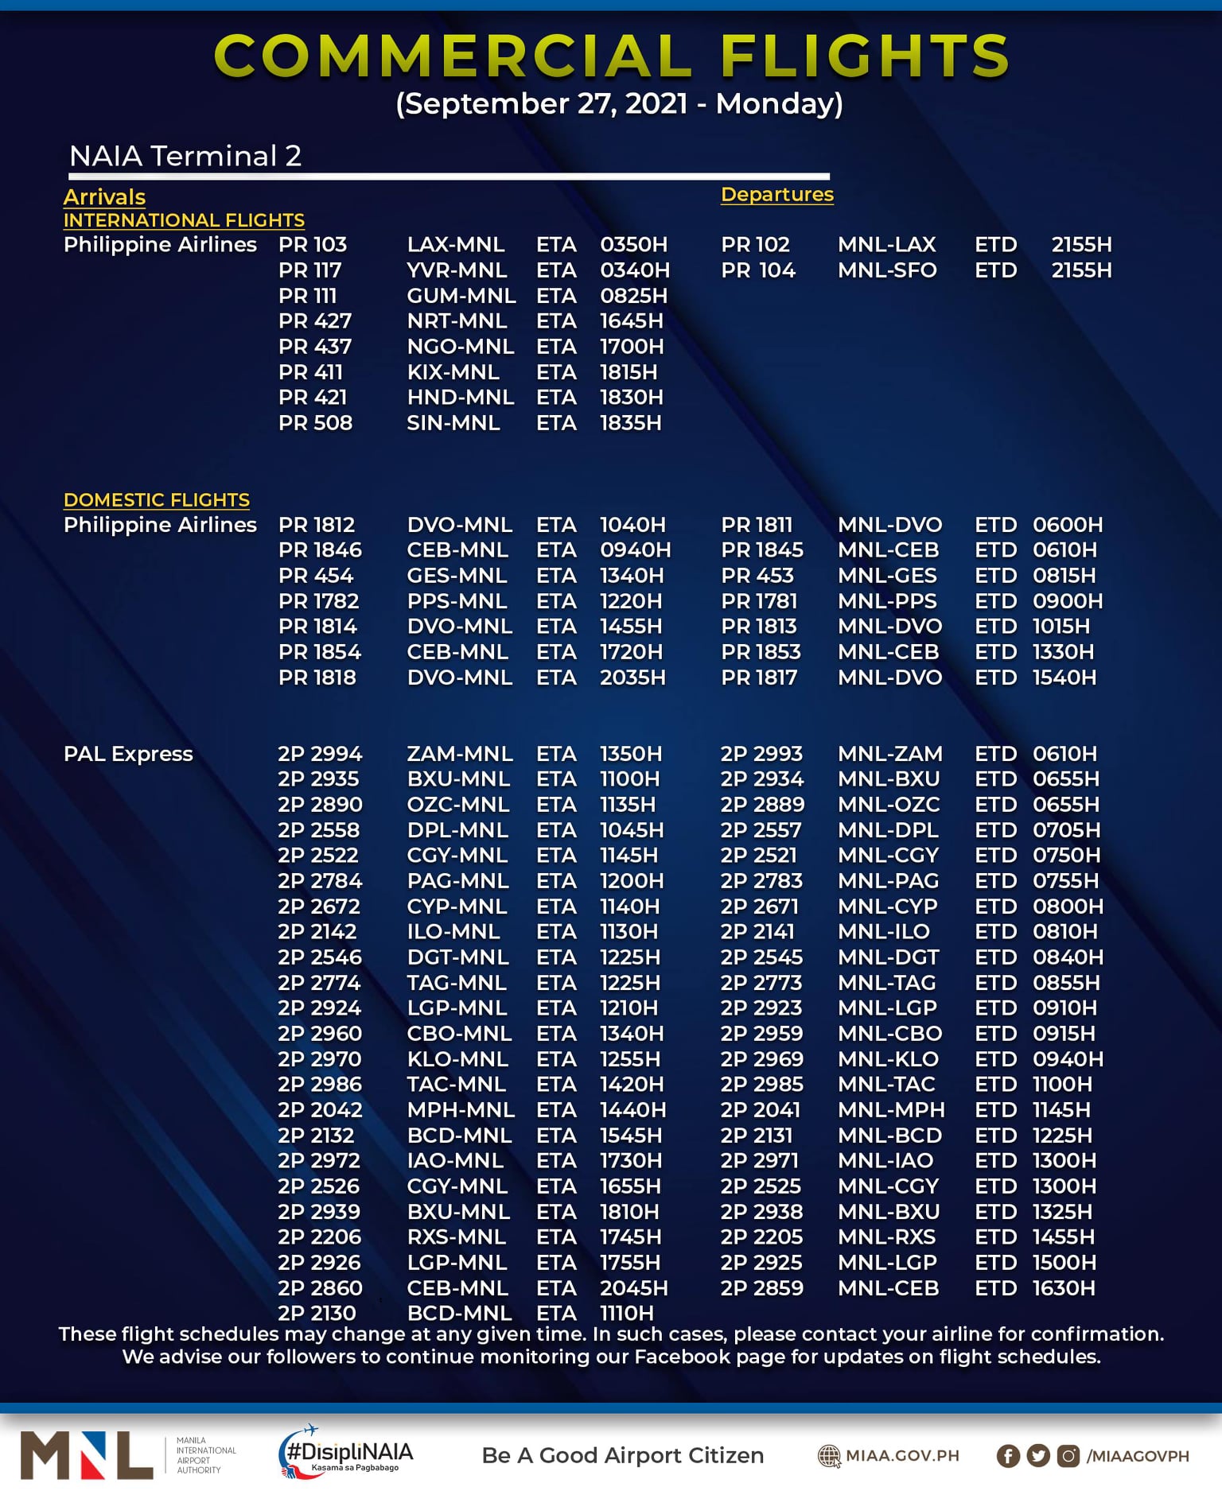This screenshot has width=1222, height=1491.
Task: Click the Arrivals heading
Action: click(104, 196)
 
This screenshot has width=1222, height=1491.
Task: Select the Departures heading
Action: click(776, 194)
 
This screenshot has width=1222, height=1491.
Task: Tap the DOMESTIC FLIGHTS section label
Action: click(156, 499)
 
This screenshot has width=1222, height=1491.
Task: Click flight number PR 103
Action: click(313, 244)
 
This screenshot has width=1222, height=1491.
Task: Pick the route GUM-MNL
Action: click(461, 296)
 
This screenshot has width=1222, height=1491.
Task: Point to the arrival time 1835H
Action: click(630, 423)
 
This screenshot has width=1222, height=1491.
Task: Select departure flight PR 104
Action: click(757, 270)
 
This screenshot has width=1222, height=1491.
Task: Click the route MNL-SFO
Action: click(886, 270)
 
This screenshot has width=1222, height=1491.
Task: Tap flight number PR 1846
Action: click(320, 550)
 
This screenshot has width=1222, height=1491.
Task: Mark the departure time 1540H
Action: click(1064, 678)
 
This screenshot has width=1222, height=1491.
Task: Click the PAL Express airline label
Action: click(128, 754)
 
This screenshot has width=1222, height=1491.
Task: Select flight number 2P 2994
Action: click(320, 754)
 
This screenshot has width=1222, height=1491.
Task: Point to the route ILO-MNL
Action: click(453, 931)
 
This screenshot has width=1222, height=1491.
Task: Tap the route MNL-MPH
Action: click(891, 1109)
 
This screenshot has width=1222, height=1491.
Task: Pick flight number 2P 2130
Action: click(317, 1313)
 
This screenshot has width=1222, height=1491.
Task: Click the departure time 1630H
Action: click(1063, 1287)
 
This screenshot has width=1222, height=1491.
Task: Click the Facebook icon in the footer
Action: click(1007, 1456)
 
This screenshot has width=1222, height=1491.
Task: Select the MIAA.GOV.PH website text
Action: click(901, 1456)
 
